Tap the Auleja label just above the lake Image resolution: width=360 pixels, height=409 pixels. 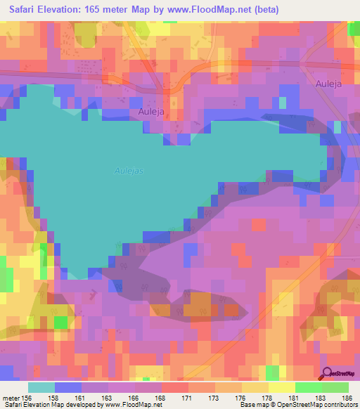(x=150, y=112)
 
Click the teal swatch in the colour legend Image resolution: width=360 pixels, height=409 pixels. (x=41, y=388)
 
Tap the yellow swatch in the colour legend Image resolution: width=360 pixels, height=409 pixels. (x=281, y=388)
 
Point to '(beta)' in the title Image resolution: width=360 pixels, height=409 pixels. (x=266, y=10)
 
